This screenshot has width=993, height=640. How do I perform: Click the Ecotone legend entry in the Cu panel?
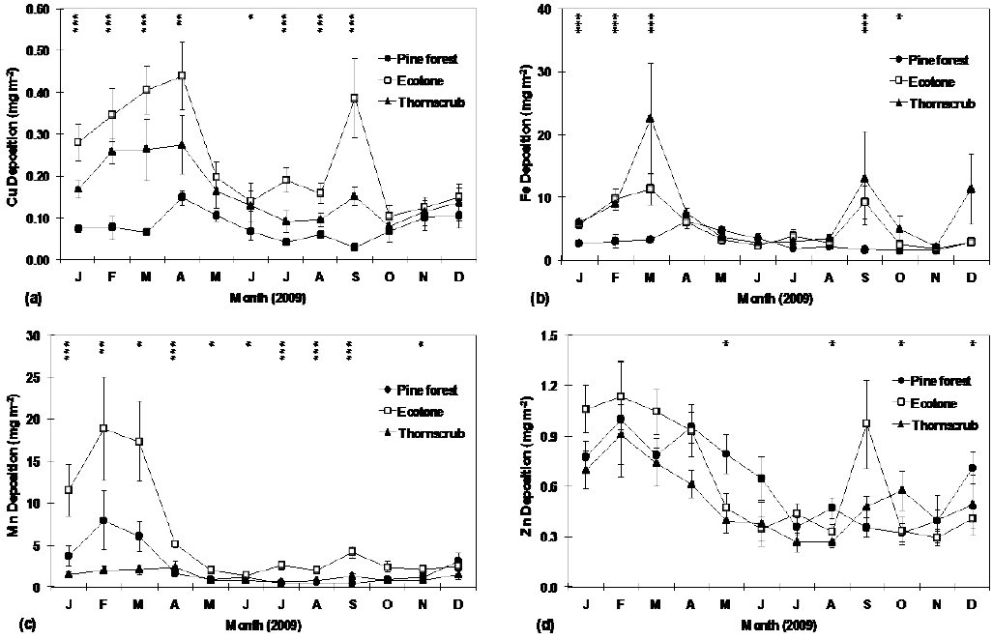point(417,81)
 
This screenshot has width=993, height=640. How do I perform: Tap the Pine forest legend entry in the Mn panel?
point(418,391)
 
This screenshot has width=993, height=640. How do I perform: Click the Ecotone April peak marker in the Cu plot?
point(181,75)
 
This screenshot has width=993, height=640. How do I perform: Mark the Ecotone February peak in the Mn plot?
point(103,428)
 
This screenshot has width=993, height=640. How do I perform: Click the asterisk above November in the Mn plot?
point(420,344)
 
